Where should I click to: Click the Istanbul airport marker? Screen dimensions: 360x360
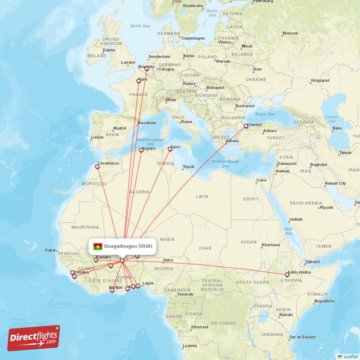coord(246,126)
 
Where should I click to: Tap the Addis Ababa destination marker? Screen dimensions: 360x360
coord(287,274)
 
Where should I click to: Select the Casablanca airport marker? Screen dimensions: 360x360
coord(97,167)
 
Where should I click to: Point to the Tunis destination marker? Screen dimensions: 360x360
coord(170,149)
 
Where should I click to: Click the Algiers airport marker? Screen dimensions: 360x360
coord(141,150)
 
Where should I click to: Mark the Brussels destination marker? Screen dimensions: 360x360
coord(146,69)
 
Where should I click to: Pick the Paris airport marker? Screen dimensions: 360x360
coord(139,81)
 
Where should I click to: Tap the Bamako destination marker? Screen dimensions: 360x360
coord(95,260)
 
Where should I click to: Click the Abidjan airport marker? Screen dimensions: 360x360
coord(112,290)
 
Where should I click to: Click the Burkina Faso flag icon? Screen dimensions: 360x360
coord(98,246)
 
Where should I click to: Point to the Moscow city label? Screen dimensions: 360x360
coord(290,33)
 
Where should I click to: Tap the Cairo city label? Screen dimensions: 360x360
coord(261,180)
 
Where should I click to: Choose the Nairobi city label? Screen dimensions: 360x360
coord(285,315)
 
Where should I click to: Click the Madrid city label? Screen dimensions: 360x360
coord(119,128)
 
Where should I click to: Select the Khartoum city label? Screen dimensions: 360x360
coord(271,245)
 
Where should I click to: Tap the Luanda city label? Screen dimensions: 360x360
coord(189,346)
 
